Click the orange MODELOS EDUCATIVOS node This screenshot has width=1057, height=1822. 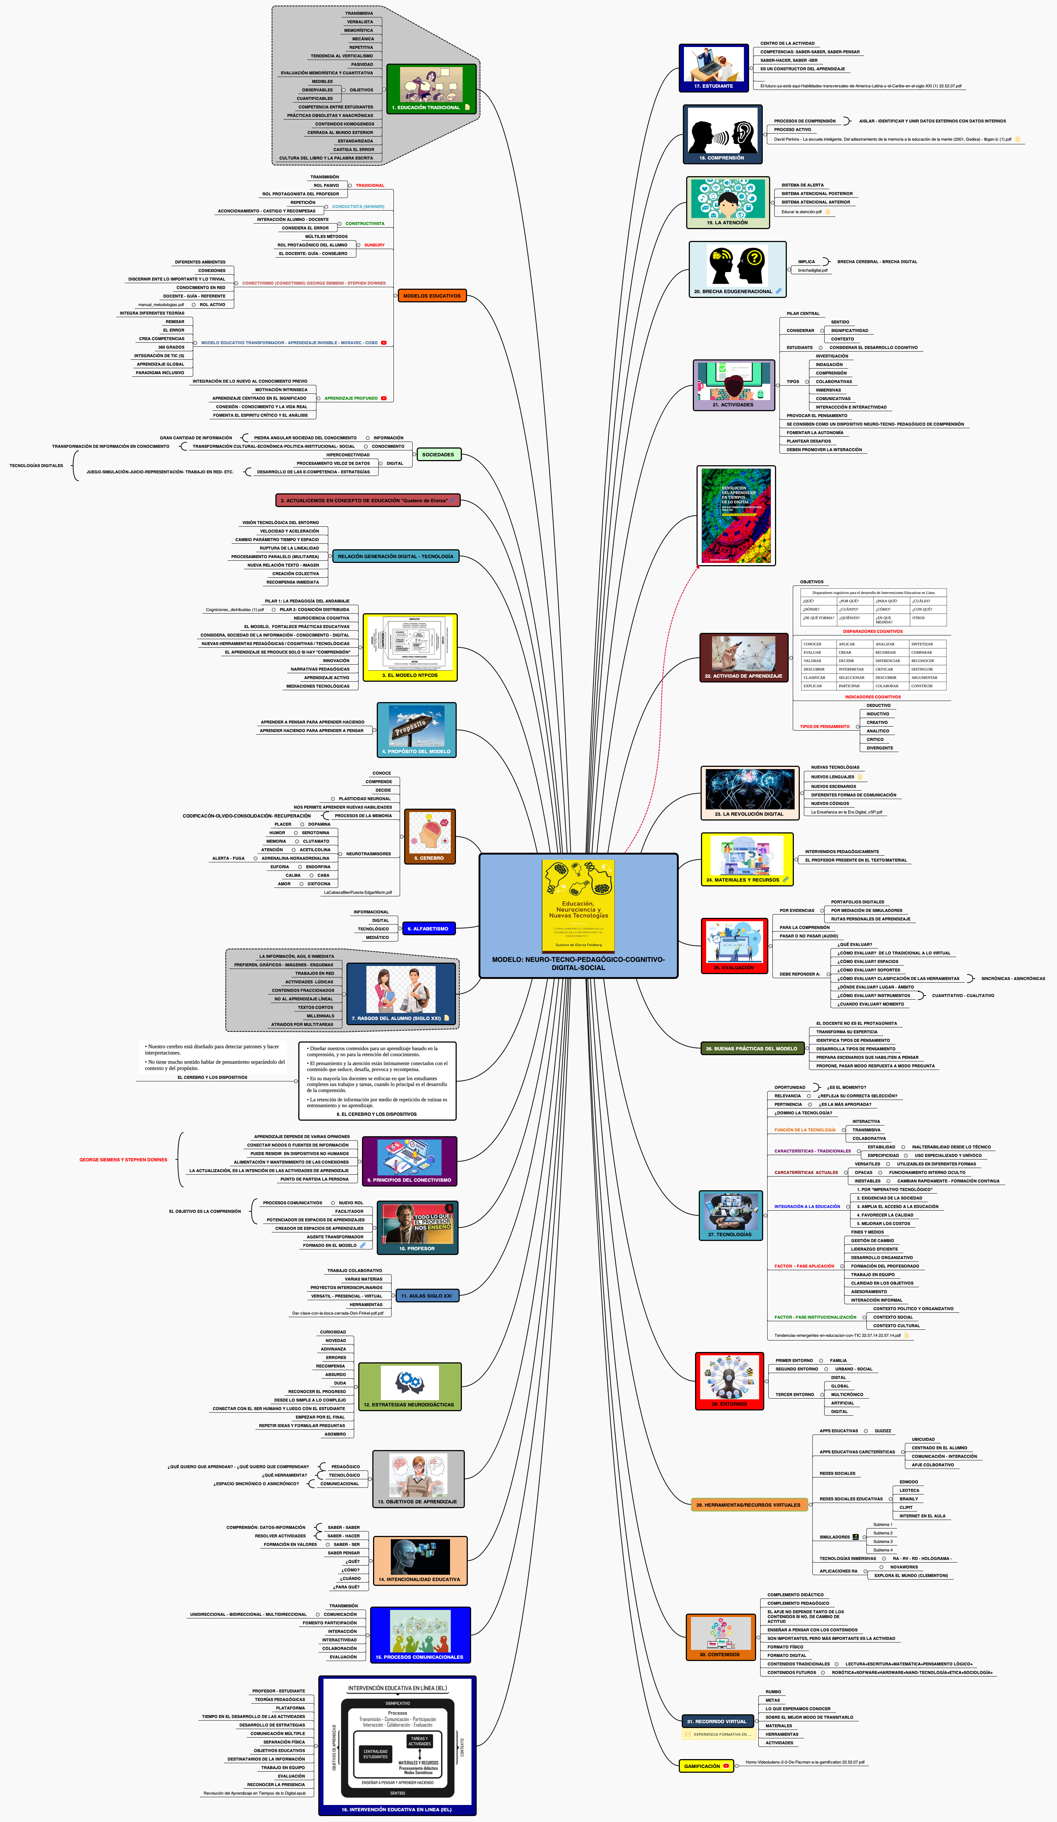click(x=432, y=296)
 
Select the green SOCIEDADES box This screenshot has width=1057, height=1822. click(x=438, y=455)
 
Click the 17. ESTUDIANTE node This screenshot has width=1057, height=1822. click(x=714, y=68)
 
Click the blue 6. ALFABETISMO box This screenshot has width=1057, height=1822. click(x=428, y=928)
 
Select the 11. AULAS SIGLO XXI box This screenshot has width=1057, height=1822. click(x=427, y=1296)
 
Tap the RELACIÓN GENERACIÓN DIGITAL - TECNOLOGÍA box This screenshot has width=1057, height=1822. click(x=396, y=557)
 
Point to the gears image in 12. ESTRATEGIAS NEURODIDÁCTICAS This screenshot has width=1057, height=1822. click(x=409, y=1382)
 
